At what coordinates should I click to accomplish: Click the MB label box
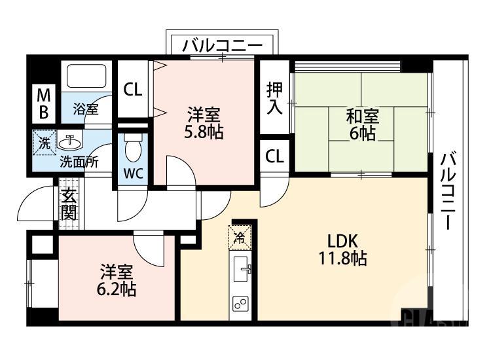click(43, 103)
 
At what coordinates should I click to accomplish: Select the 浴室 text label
click(86, 109)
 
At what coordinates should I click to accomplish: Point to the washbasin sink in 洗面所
click(69, 141)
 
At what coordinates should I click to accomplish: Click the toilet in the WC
click(133, 147)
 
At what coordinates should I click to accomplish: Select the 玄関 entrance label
click(69, 204)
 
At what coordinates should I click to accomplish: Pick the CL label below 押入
click(274, 156)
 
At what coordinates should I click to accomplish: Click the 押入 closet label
click(274, 99)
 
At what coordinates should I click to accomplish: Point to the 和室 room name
click(361, 117)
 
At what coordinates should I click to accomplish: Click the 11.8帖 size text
click(341, 259)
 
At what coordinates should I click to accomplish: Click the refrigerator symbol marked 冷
click(240, 238)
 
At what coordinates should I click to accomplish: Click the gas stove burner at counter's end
click(240, 304)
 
